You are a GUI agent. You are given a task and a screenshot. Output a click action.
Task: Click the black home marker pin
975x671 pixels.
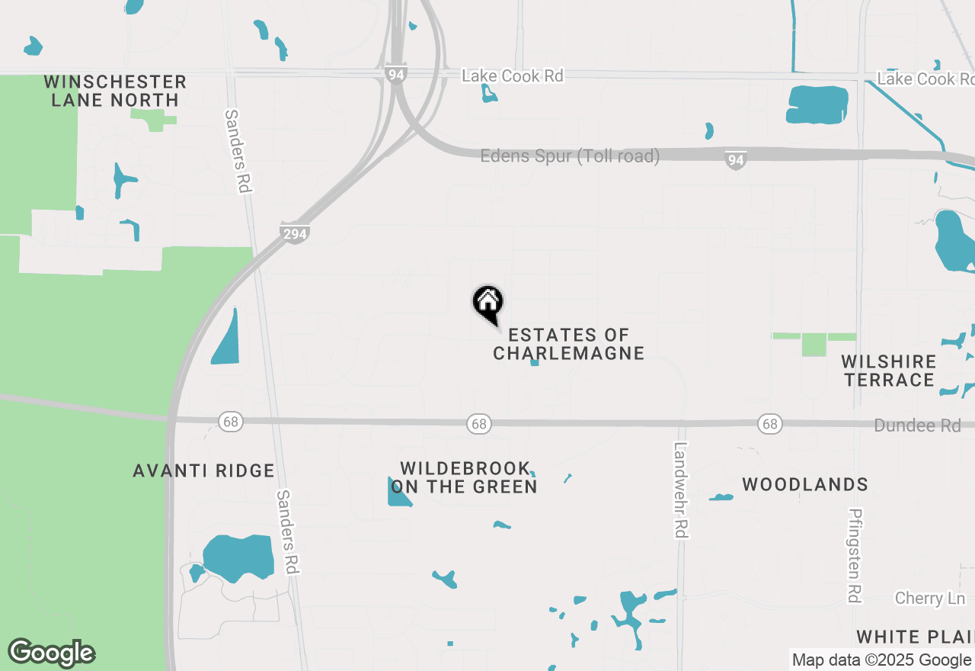(488, 303)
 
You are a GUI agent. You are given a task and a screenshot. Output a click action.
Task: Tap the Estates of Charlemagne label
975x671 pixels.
(569, 344)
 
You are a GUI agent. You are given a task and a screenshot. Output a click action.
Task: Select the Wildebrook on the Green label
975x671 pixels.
(464, 477)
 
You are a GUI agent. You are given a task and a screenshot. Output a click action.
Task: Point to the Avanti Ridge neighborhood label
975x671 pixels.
(203, 470)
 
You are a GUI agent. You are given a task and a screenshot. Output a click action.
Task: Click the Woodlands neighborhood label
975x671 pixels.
(805, 484)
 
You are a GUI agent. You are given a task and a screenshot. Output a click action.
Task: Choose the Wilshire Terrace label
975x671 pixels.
(889, 371)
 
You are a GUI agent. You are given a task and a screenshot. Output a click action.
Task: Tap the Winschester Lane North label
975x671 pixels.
(115, 91)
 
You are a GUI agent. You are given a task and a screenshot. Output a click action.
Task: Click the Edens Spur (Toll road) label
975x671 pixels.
(570, 156)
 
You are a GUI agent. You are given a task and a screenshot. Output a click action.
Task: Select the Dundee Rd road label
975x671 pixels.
(917, 425)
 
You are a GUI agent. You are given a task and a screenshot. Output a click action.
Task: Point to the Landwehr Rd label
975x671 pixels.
(681, 490)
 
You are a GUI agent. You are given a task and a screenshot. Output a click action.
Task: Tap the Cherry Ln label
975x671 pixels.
(929, 598)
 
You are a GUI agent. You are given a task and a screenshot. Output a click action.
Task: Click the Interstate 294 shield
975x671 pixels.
(294, 233)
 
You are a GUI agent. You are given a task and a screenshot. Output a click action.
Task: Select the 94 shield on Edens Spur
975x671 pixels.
(734, 160)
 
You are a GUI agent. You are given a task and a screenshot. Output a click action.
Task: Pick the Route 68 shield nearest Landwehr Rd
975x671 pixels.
(770, 424)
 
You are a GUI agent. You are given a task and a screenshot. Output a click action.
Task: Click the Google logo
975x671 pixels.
(51, 653)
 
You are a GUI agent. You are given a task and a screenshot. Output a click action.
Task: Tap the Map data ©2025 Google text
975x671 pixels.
(881, 660)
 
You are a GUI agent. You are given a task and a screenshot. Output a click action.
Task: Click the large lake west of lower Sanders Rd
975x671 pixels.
(238, 557)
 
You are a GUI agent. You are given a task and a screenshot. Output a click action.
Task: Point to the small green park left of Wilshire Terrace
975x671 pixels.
(814, 343)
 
